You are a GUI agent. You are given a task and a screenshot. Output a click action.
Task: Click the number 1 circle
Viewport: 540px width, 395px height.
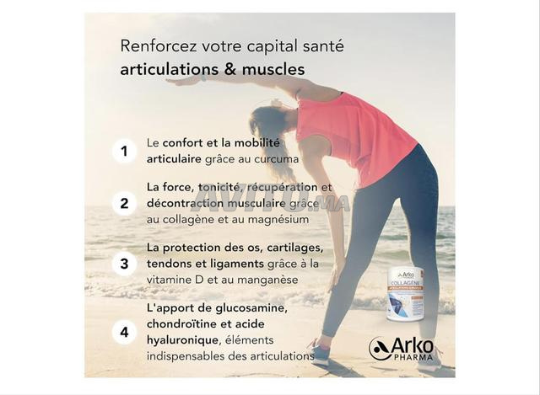[x=124, y=152]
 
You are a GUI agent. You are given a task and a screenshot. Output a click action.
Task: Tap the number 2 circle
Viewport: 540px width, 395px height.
[x=124, y=203]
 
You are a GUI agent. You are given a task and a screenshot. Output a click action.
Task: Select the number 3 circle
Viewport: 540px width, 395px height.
[x=124, y=264]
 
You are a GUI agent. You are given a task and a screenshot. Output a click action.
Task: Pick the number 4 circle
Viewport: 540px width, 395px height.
[x=124, y=332]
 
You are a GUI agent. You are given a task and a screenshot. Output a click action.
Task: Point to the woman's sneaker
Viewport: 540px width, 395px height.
[x=318, y=353]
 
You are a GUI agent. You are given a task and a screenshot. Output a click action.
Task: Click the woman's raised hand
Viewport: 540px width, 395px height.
[x=181, y=81]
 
